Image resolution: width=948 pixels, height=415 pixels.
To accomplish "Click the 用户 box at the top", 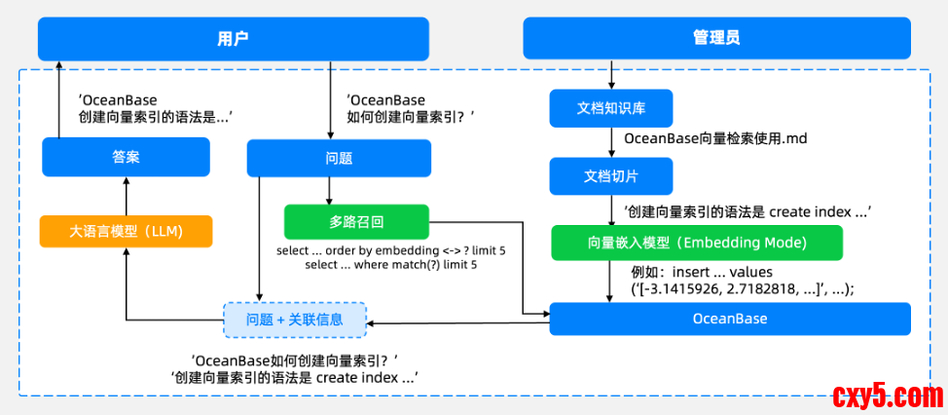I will point(234,39).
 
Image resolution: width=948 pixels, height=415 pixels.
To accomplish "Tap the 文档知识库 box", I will point(610,108).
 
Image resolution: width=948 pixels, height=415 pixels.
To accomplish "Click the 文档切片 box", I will point(610,176).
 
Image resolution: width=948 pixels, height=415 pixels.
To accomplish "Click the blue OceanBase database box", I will point(729,319).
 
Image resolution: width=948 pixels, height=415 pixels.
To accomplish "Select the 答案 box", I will point(126,156).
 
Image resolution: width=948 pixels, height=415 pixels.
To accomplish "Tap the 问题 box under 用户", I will point(339,157).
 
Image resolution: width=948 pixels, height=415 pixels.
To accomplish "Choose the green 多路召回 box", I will point(356,221).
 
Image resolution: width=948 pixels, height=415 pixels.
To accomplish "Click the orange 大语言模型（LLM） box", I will point(126,232).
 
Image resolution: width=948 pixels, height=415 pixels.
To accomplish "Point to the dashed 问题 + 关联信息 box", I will point(295,319).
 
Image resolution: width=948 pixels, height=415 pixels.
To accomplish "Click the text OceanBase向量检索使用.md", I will point(715,139).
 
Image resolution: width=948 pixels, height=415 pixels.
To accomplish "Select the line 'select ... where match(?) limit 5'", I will point(391,265).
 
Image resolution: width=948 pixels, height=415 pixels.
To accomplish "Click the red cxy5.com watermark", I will point(887,396).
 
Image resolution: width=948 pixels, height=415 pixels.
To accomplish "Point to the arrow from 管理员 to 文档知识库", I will point(610,75).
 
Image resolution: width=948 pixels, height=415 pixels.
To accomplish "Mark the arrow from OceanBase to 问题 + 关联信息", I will point(457,324).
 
